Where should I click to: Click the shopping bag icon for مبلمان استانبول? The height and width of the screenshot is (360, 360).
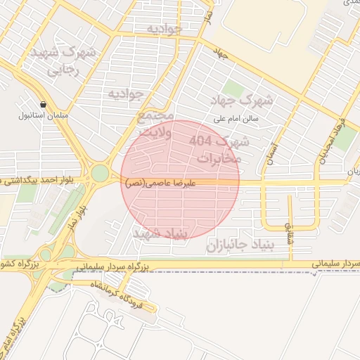(x=44, y=103)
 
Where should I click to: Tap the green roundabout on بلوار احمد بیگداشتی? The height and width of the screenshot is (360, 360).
(x=100, y=173)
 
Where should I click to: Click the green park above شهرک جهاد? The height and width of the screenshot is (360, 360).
(x=233, y=90)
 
